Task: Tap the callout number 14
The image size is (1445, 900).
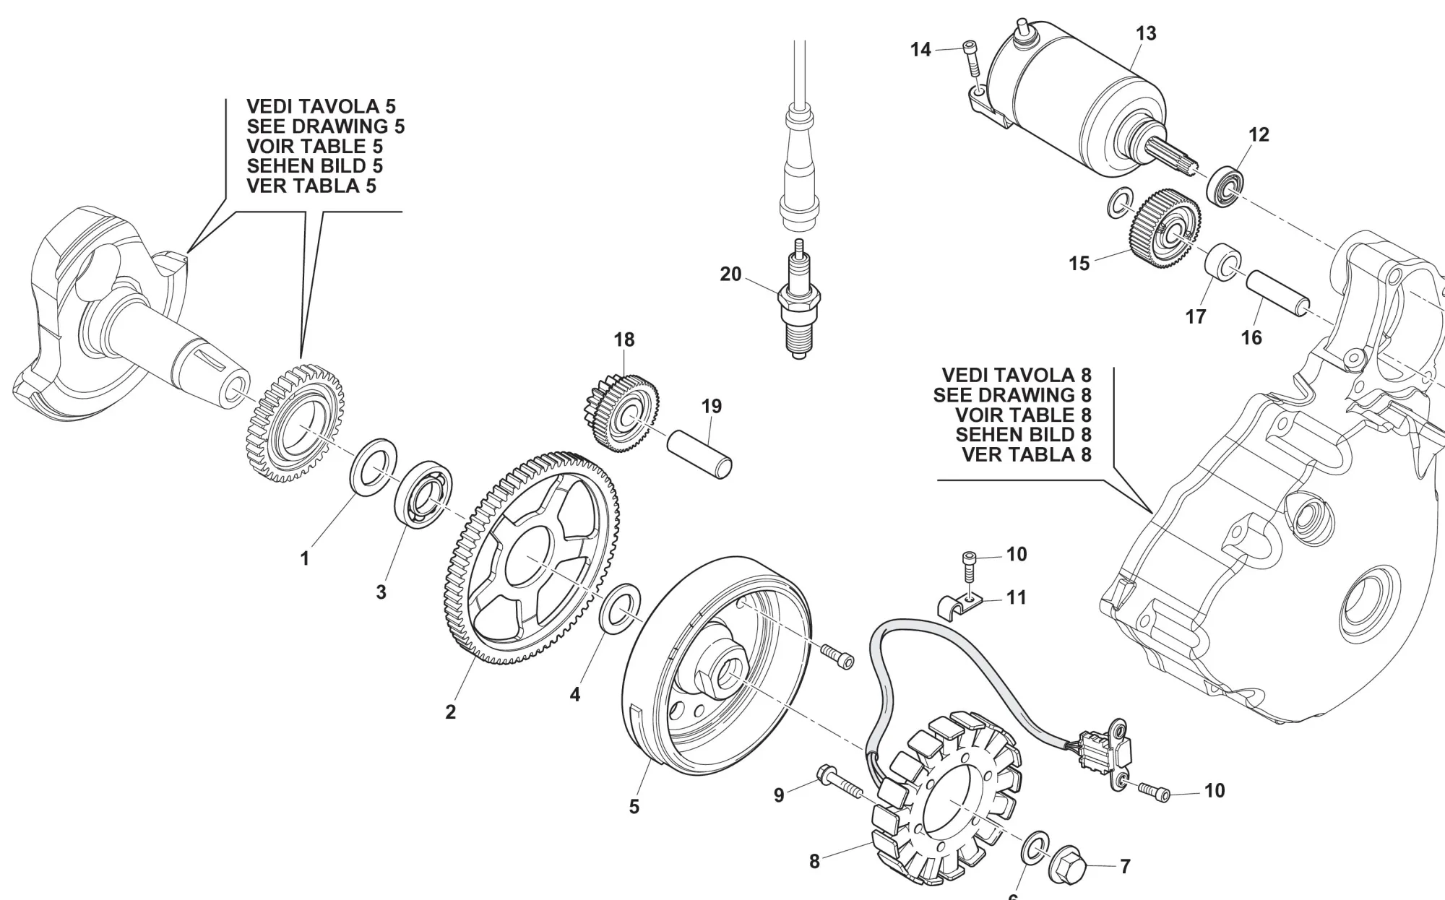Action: [x=920, y=50]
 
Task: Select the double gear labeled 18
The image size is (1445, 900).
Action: [x=620, y=412]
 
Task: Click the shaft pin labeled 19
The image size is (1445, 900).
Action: [x=699, y=453]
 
